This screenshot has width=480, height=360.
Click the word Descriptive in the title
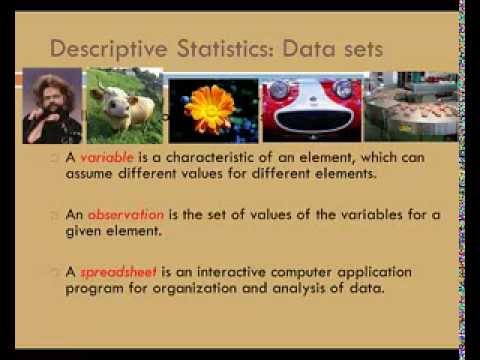point(102,47)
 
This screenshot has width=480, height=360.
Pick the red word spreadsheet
point(112,272)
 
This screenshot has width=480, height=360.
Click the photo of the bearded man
point(51,106)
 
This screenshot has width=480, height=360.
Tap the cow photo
point(123,106)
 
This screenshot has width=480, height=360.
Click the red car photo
point(297,107)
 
